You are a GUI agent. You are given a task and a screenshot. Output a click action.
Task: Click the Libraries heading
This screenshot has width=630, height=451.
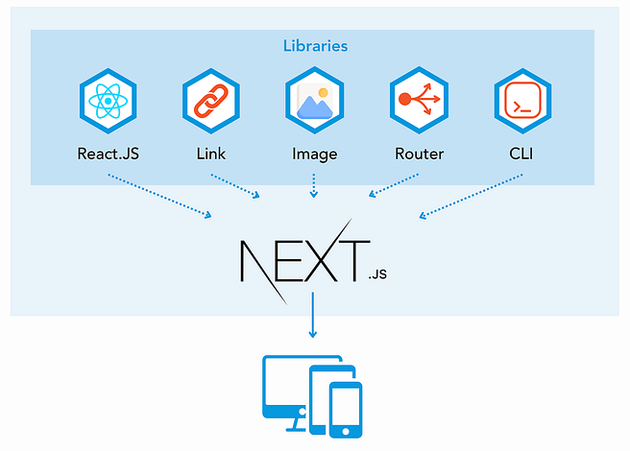click(x=315, y=46)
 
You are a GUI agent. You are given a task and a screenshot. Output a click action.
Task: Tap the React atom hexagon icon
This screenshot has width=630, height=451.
click(x=109, y=101)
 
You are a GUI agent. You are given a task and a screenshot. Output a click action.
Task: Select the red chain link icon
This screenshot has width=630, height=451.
click(x=211, y=101)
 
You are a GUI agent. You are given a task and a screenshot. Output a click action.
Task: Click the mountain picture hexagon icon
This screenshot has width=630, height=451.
click(x=315, y=101)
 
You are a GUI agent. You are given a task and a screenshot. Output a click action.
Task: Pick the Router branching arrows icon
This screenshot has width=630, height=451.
click(x=419, y=100)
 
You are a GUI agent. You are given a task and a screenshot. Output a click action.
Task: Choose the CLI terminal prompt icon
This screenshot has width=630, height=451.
click(x=522, y=101)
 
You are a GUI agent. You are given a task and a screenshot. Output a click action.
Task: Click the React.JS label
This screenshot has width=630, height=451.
click(x=109, y=154)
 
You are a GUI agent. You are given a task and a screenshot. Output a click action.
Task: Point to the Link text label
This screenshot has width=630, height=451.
click(x=211, y=154)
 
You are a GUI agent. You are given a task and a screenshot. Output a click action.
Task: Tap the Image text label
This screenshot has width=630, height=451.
click(x=315, y=154)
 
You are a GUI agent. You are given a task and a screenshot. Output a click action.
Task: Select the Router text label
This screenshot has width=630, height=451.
click(x=419, y=154)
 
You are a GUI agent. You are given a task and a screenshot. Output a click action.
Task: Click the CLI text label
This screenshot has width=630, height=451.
click(x=521, y=154)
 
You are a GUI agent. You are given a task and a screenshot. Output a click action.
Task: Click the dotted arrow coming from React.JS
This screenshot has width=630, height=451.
click(x=159, y=196)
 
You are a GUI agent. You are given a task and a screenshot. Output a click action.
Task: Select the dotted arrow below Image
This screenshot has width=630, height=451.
click(x=314, y=185)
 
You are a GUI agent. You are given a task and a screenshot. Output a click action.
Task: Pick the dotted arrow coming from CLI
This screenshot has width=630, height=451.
click(x=471, y=197)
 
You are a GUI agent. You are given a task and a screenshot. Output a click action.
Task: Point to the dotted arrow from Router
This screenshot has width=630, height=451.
click(x=394, y=185)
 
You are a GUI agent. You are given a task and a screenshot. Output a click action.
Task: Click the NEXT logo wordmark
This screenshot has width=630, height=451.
click(x=305, y=261)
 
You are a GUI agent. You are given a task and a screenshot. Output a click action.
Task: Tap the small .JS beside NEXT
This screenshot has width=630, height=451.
click(x=377, y=274)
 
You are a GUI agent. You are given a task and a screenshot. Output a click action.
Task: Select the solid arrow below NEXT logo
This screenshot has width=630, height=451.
click(x=312, y=315)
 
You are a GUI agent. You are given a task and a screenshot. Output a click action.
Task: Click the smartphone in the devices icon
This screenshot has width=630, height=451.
click(x=346, y=410)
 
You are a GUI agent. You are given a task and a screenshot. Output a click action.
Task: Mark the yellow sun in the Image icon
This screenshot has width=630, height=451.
click(x=323, y=93)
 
